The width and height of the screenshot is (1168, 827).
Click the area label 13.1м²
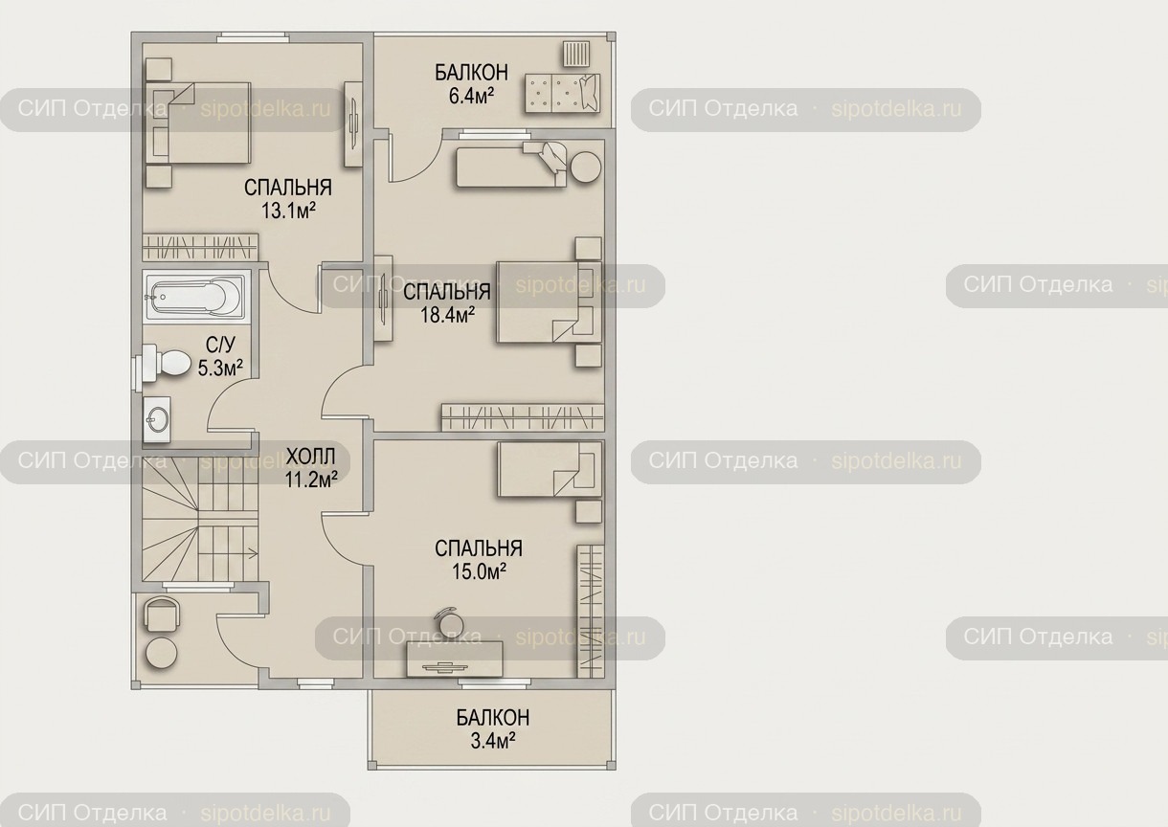point(288,211)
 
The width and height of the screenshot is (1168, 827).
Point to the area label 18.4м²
point(447,314)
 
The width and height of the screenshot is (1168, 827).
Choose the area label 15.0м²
point(479,571)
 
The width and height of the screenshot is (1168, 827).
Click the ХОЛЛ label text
point(311,457)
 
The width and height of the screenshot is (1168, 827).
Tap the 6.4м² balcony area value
point(471,96)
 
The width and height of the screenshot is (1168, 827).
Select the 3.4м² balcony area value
point(493,740)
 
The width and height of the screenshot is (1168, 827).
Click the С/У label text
point(220,345)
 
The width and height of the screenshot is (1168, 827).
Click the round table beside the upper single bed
point(586,167)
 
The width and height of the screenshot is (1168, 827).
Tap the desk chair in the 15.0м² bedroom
point(449,621)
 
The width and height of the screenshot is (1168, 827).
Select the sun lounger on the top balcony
point(563,93)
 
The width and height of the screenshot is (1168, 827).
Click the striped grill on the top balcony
point(576,55)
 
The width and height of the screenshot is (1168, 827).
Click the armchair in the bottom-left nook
point(162,614)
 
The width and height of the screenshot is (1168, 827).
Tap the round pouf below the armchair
point(161,652)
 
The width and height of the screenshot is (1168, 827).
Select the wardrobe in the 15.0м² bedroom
point(591,611)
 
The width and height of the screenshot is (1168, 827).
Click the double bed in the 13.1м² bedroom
point(197,123)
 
